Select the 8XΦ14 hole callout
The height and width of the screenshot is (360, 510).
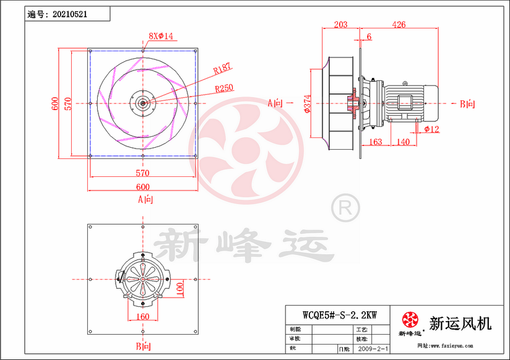point(161,36)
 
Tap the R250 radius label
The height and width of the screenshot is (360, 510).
point(224,88)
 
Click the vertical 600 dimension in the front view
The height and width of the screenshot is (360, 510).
point(55,103)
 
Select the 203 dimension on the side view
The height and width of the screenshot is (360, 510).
point(340,25)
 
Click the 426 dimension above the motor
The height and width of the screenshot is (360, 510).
point(399,25)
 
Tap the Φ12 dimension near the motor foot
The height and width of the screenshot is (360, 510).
point(432,129)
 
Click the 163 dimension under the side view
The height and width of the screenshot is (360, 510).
point(375,142)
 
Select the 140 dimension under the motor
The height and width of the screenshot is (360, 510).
point(403,142)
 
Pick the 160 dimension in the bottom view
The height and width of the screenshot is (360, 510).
point(143,317)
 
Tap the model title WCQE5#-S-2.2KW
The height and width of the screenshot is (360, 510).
point(340,314)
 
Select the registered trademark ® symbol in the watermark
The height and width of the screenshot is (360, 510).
point(344,207)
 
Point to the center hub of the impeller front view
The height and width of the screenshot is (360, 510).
point(143,103)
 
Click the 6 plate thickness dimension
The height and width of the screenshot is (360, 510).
point(370,37)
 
